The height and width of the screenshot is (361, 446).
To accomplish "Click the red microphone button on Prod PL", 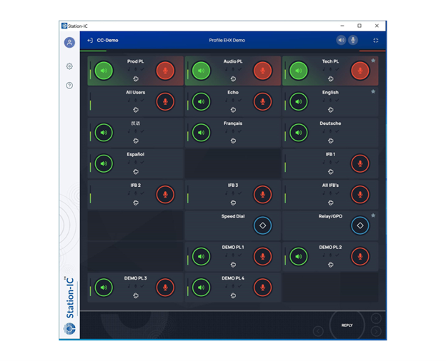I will coord(165,71).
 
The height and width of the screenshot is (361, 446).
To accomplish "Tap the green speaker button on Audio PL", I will coord(202,71).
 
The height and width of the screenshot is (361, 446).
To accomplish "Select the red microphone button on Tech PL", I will coord(360,71).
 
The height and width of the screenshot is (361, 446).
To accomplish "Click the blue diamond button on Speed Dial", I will coord(262,225).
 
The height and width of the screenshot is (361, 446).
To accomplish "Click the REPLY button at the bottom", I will coord(347,325).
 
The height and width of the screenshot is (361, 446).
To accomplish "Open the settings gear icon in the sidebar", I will coord(69,66).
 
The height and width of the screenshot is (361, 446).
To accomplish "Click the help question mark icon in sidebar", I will coord(69,86).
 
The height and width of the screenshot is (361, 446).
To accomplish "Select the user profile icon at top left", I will coord(69,43).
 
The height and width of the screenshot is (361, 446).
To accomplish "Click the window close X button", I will coord(377,26).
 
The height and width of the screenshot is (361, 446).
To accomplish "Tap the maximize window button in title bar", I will coord(360,26).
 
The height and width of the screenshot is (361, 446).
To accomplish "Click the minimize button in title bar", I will coord(342,26).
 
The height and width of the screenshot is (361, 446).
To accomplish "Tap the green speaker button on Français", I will coord(202,133).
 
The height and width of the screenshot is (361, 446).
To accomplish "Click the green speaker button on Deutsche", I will coord(299,133).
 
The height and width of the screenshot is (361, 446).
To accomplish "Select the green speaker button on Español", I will coord(104,163).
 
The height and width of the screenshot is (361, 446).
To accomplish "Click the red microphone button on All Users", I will coord(165,101).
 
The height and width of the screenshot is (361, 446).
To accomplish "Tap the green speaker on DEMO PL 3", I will coord(104,288).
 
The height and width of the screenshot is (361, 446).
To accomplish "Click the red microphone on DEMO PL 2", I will coord(360,256).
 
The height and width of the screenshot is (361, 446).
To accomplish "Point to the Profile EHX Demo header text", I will coord(227,41).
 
